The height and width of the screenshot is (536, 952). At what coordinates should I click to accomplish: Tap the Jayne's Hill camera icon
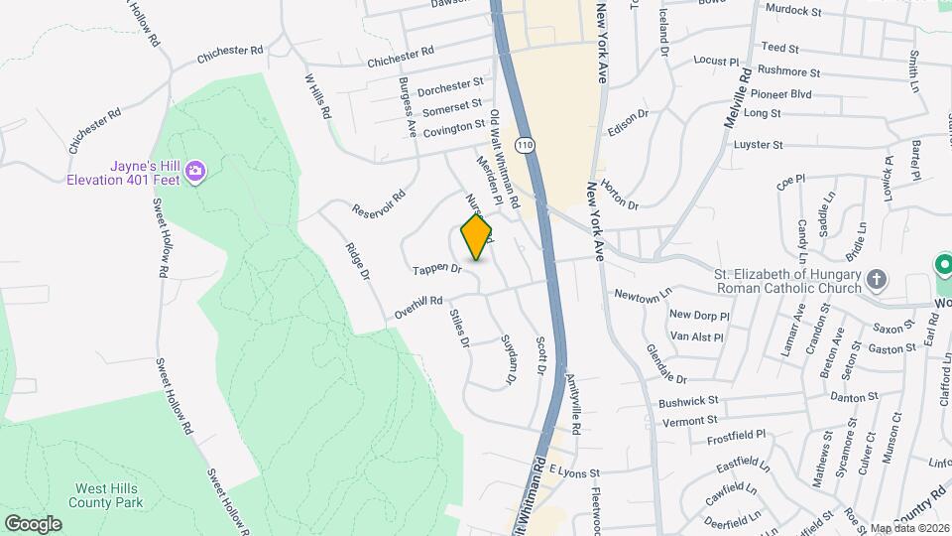point(195,172)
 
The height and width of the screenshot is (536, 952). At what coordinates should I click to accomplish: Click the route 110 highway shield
point(526,145)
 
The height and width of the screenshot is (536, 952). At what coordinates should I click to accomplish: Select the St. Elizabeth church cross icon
point(876,279)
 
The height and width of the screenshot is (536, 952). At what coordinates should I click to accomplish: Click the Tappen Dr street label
point(438,268)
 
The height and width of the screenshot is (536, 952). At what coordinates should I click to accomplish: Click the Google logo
point(33,523)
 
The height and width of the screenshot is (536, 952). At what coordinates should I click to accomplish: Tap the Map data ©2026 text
point(909,528)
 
